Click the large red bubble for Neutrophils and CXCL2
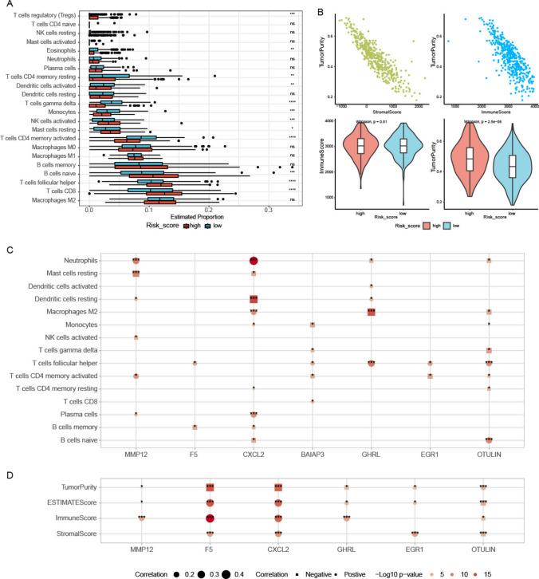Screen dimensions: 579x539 point(254,261)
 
